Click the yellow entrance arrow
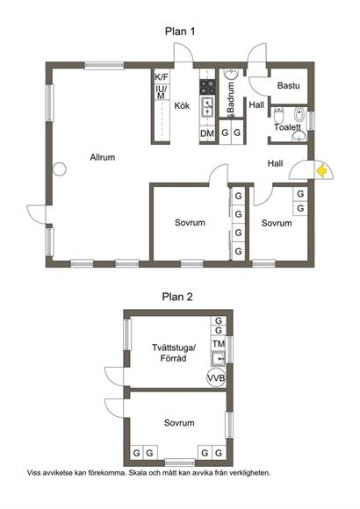[321, 171]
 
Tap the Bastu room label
[288, 86]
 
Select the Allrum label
[103, 157]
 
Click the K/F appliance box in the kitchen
[162, 77]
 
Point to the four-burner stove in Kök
[207, 87]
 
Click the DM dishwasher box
[207, 133]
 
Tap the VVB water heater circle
[216, 378]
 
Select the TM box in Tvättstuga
[219, 344]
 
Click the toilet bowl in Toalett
[278, 114]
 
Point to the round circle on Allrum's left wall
[60, 169]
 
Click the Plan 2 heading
[177, 297]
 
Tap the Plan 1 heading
[180, 32]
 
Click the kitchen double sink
[207, 107]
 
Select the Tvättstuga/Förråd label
[173, 353]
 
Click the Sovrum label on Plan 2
[179, 423]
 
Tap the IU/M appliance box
[162, 92]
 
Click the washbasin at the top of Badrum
[232, 75]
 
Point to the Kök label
[182, 106]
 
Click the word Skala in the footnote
[138, 473]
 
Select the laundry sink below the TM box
[219, 359]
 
